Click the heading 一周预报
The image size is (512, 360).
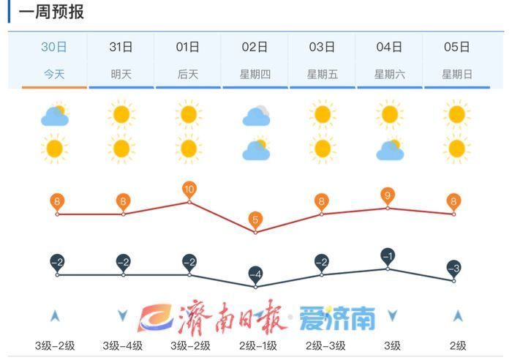(51, 12)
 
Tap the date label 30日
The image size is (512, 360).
(54, 48)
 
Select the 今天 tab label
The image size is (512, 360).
(54, 74)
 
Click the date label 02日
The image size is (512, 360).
(255, 48)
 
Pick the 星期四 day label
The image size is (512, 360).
(255, 74)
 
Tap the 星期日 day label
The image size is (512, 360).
(456, 74)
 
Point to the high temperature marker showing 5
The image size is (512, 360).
(255, 220)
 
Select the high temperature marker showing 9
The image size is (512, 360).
(388, 196)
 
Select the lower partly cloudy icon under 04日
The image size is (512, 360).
(390, 150)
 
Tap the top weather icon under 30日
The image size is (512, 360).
(54, 115)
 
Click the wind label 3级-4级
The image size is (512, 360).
(121, 345)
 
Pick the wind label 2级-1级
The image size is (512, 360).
(255, 345)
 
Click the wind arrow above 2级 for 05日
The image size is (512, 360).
(458, 316)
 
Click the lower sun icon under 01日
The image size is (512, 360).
(189, 149)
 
